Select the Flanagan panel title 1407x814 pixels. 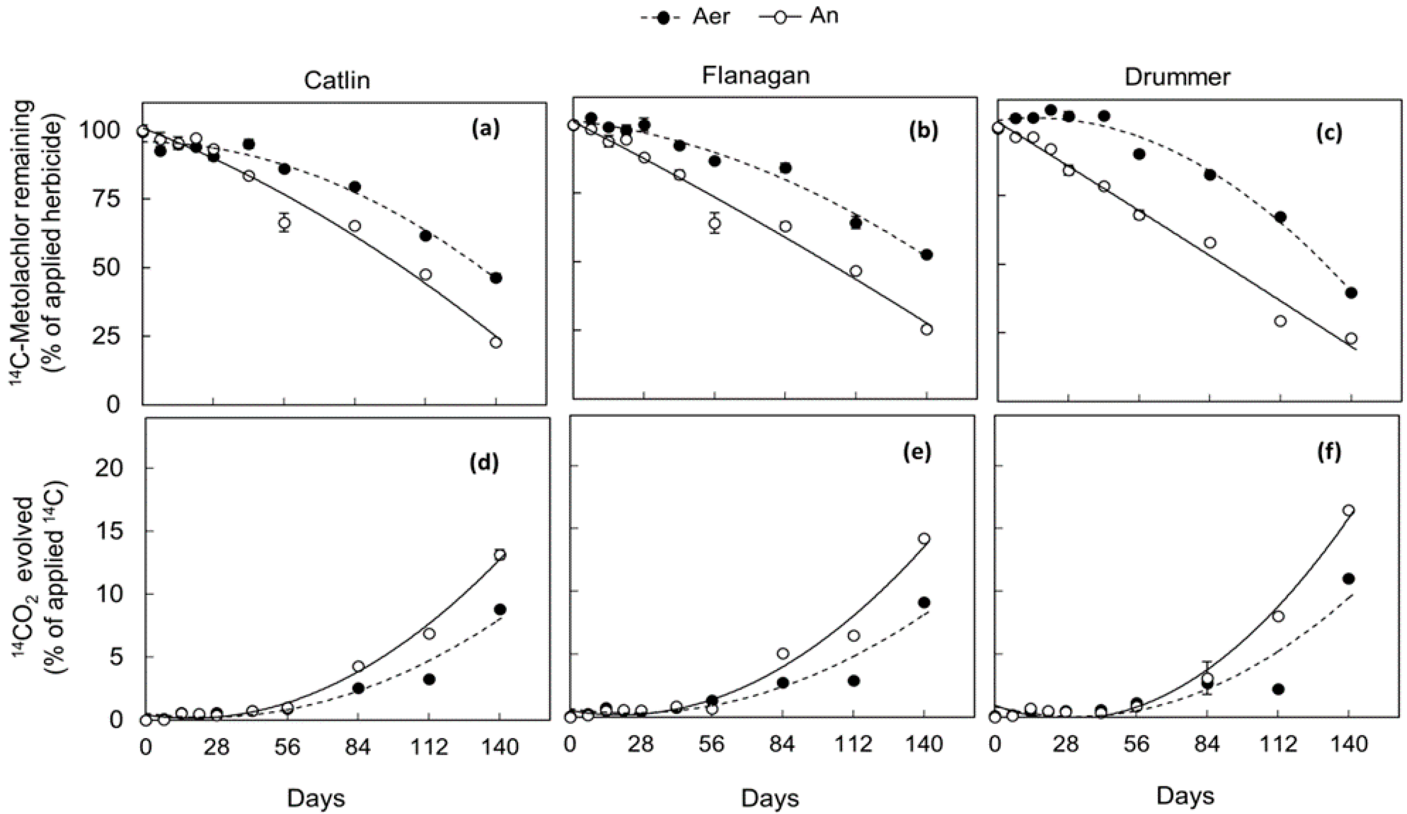coord(756,76)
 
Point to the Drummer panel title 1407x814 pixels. coord(1177,77)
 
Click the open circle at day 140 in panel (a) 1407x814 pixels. coord(496,342)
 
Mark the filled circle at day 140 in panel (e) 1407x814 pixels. coord(923,602)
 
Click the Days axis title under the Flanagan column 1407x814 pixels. coord(770,799)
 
